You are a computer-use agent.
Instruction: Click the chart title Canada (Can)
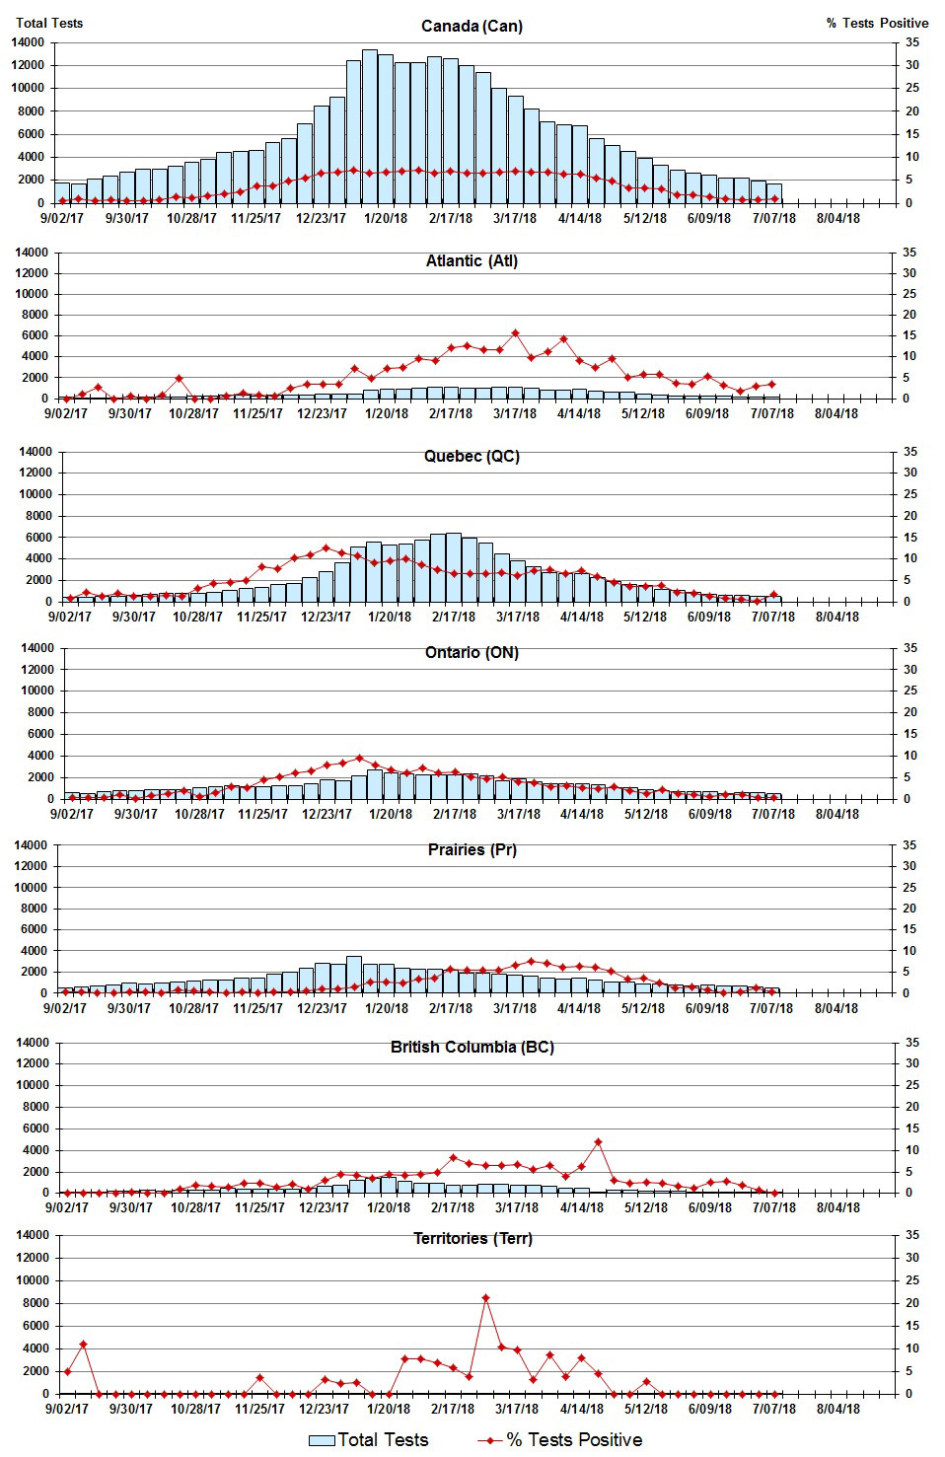472,26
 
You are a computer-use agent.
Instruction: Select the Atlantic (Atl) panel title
472,260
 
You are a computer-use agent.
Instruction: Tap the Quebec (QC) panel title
472,456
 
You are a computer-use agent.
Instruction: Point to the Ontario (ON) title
472,652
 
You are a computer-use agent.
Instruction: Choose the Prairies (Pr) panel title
472,849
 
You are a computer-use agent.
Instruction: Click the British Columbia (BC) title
472,1047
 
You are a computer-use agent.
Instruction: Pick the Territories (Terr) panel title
472,1238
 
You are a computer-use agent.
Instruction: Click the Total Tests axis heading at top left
49,23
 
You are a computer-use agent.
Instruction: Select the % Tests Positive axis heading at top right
877,23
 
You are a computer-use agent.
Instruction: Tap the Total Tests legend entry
370,1440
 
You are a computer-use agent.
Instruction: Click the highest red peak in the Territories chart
485,1298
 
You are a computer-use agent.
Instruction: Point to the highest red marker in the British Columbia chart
598,1142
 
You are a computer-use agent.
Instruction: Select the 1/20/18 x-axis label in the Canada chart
386,218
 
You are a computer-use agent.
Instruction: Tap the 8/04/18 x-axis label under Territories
837,1409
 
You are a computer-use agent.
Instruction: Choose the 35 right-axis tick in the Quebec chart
909,452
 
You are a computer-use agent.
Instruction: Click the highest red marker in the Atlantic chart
515,333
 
